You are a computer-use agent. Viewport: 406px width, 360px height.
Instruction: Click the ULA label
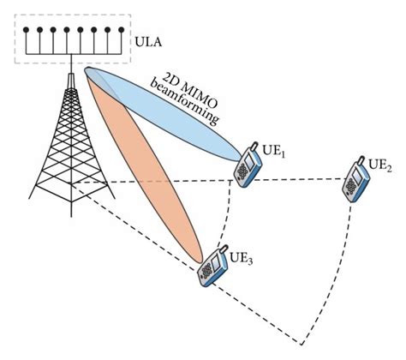tap(148, 42)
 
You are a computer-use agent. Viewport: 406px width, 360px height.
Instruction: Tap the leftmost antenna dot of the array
tap(26, 29)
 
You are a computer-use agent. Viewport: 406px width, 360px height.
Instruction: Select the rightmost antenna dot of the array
tap(122, 29)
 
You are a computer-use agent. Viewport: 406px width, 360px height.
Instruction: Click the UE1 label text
tap(274, 151)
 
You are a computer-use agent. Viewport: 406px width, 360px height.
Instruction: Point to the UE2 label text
tap(380, 165)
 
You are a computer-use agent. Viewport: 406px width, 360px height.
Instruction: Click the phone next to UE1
tap(248, 165)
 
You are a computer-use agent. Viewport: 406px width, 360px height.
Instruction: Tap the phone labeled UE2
tap(355, 180)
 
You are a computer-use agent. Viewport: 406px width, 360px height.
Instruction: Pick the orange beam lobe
tap(144, 165)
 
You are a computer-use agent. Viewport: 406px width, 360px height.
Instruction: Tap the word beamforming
tap(184, 104)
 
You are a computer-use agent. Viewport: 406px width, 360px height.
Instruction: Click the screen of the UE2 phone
tap(356, 174)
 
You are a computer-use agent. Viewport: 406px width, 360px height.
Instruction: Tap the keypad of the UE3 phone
tap(206, 270)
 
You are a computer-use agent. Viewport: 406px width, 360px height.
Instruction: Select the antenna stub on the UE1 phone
tap(254, 146)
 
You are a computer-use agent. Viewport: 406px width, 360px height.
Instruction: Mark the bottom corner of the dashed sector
tap(302, 345)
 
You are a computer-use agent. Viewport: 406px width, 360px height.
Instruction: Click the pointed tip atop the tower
tap(71, 75)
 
